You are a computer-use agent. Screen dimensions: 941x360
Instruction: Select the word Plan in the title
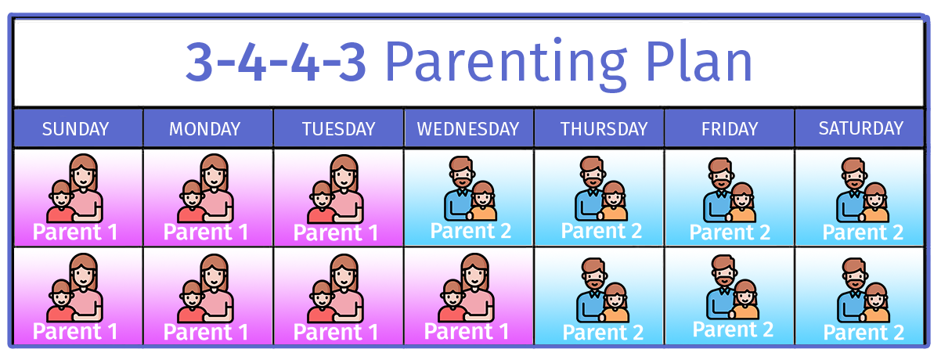698,60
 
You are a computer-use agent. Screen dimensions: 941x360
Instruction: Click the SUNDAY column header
76,129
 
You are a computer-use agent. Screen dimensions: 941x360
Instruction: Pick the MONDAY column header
204,129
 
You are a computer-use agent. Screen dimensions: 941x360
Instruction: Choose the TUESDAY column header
339,129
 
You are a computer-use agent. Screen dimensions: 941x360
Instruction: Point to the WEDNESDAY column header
468,129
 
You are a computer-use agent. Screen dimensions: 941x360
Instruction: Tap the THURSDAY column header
604,129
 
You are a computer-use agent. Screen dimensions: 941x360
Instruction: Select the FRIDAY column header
730,129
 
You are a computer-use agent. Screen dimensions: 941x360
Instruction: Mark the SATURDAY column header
861,128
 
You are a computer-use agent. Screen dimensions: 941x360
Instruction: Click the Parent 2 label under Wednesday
470,231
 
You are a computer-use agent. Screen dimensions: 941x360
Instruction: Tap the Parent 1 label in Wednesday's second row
467,332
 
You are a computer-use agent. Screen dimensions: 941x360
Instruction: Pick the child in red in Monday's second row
192,301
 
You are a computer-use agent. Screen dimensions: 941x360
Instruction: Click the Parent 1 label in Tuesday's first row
336,233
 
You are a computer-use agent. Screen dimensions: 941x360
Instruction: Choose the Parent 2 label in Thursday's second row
603,333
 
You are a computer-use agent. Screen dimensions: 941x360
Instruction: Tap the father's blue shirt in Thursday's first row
587,204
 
